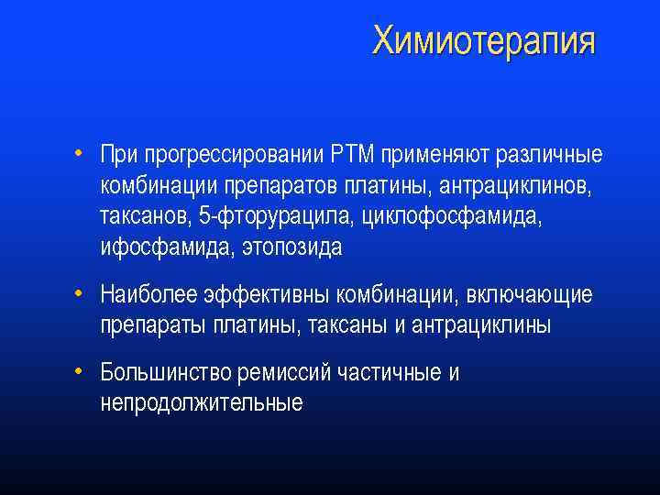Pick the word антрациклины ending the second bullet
[x=482, y=326]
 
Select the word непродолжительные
[x=202, y=404]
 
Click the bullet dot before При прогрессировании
[x=81, y=151]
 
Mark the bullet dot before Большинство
[x=81, y=371]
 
